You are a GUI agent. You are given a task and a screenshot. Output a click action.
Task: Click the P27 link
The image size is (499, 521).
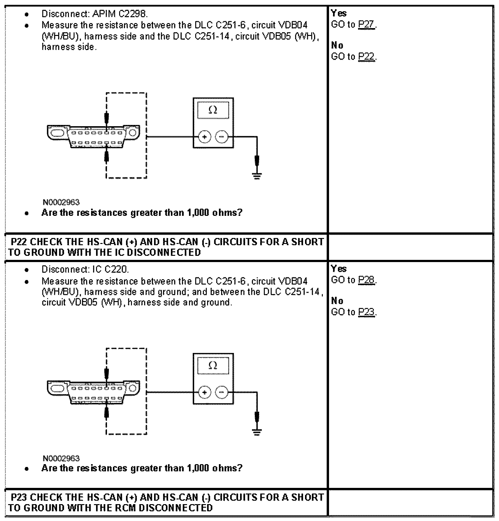pyautogui.click(x=366, y=25)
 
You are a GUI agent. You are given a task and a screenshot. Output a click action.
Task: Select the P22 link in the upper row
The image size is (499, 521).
pyautogui.click(x=366, y=57)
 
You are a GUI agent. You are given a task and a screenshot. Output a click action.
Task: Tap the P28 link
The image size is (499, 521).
pyautogui.click(x=366, y=280)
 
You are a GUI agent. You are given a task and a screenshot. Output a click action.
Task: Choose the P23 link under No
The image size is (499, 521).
pyautogui.click(x=366, y=312)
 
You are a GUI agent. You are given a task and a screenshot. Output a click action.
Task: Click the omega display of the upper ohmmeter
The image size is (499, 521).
pyautogui.click(x=213, y=110)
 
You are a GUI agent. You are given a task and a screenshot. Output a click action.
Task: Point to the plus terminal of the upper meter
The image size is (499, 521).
pyautogui.click(x=205, y=137)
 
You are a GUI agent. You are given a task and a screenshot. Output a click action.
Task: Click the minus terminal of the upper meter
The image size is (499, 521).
pyautogui.click(x=222, y=137)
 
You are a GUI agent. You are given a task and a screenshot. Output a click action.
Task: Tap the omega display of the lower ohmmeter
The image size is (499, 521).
pyautogui.click(x=213, y=365)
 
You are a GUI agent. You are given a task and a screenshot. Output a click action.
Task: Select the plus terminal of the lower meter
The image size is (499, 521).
pyautogui.click(x=205, y=392)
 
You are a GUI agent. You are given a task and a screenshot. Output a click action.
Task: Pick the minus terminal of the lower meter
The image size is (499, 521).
pyautogui.click(x=222, y=392)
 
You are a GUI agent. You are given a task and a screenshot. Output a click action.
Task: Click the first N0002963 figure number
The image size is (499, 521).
pyautogui.click(x=61, y=202)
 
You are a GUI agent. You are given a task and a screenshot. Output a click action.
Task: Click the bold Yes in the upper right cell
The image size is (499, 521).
pyautogui.click(x=338, y=13)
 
